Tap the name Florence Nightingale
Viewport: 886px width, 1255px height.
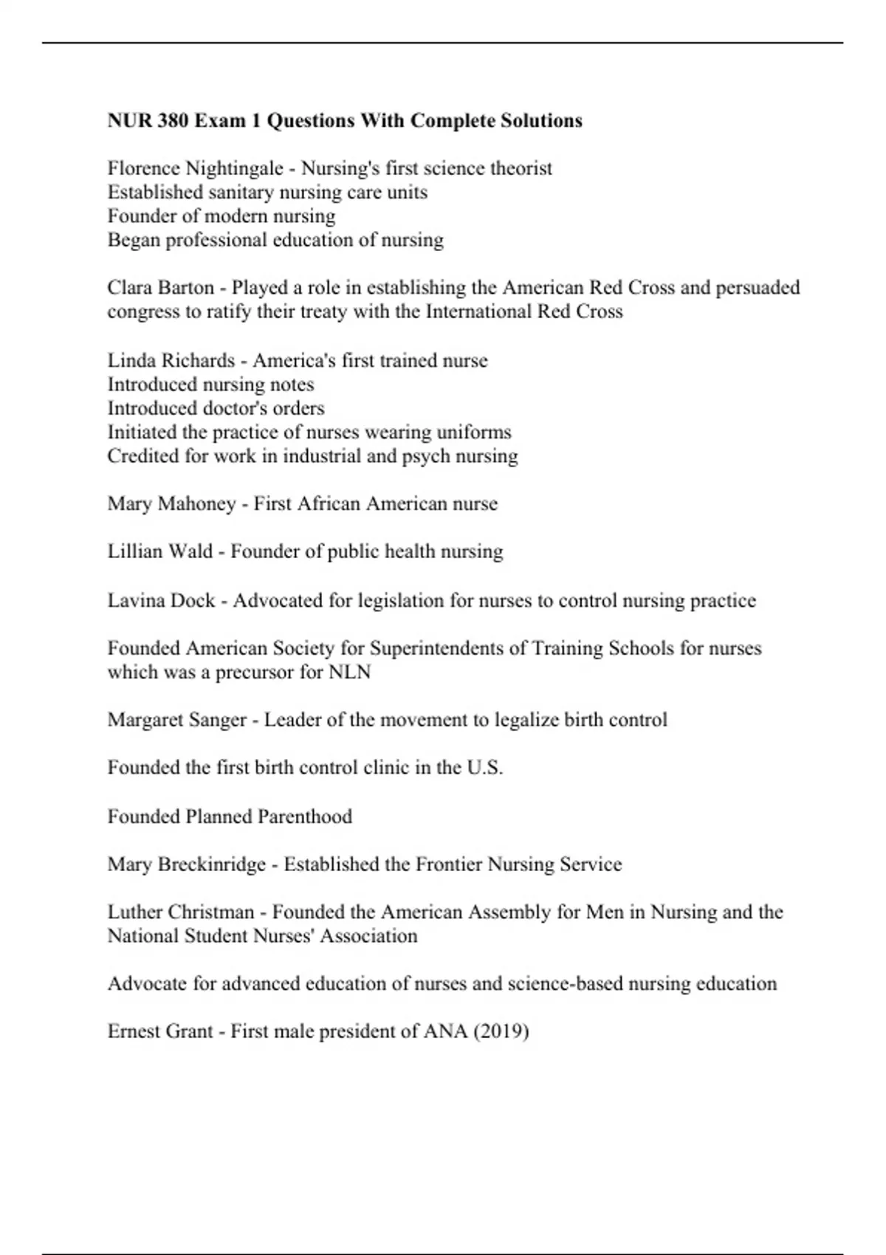click(x=195, y=169)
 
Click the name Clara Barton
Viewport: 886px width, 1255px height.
click(x=160, y=287)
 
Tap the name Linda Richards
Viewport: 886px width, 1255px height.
click(x=171, y=360)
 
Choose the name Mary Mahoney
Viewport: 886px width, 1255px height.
click(x=171, y=503)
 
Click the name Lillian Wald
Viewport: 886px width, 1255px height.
click(x=159, y=551)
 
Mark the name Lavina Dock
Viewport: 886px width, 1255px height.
click(x=161, y=600)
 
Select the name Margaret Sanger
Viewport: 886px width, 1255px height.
click(x=176, y=720)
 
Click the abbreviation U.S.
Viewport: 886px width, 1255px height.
click(x=484, y=768)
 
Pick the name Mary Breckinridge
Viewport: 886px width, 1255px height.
click(x=186, y=864)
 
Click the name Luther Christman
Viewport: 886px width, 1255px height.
click(x=180, y=912)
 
